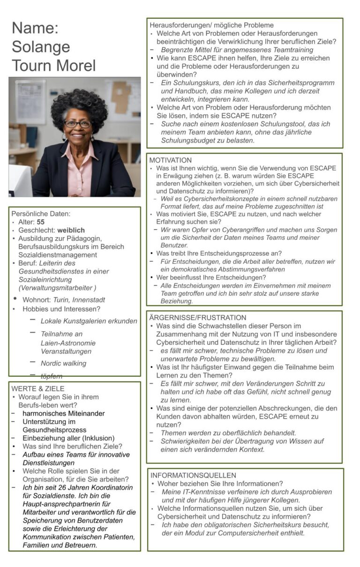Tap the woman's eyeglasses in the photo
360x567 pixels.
[x=78, y=124]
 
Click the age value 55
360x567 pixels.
[x=41, y=222]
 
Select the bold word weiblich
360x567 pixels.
[x=71, y=231]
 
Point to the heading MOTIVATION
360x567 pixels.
[x=171, y=160]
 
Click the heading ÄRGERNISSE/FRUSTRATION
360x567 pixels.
[x=197, y=317]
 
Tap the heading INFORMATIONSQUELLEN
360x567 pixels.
[x=193, y=475]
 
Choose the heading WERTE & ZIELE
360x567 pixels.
[x=38, y=388]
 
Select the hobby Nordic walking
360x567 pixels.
[x=63, y=363]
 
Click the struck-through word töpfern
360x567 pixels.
[x=52, y=376]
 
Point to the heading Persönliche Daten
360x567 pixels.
[x=41, y=214]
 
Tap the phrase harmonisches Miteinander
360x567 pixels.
[x=64, y=413]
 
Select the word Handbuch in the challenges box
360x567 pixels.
[x=175, y=91]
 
